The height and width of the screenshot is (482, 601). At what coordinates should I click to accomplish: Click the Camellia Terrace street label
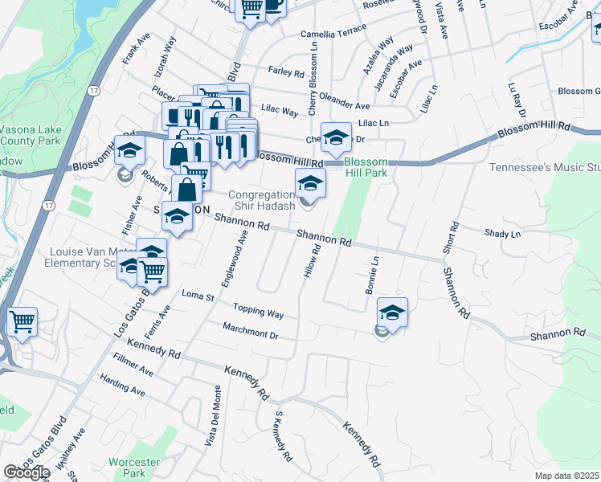(333, 35)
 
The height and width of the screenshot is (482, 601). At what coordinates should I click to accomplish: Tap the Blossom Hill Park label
(366, 166)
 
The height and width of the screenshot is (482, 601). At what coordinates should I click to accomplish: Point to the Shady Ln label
(503, 234)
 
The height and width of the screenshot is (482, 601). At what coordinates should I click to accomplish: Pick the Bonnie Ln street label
(373, 276)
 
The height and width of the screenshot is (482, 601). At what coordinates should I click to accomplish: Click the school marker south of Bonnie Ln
(392, 312)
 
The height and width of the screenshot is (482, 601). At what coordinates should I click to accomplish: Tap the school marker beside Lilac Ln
(337, 137)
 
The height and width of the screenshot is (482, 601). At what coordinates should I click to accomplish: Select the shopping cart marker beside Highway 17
(22, 321)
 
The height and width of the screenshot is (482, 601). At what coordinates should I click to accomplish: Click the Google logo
(27, 472)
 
